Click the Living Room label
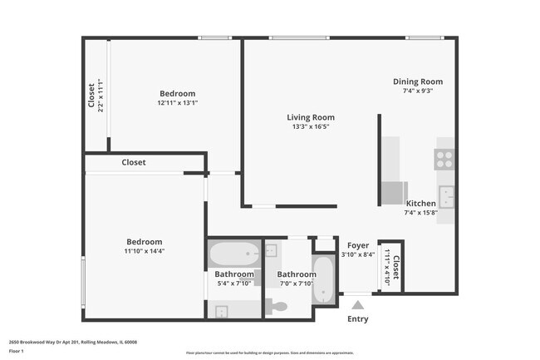[x=311, y=117]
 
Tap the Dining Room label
[x=418, y=81]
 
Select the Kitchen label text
[x=420, y=204]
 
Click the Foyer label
[x=358, y=245]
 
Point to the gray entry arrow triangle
[x=357, y=305]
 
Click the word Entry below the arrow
[x=357, y=319]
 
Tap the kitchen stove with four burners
[x=444, y=159]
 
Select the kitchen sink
[x=446, y=196]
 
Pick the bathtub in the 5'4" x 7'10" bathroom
[x=233, y=253]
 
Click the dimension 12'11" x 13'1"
[x=177, y=102]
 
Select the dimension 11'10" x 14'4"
[x=145, y=251]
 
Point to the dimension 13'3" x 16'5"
[x=311, y=127]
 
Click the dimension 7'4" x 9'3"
[x=418, y=91]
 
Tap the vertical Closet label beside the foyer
[x=395, y=268]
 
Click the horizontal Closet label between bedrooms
[x=134, y=163]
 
